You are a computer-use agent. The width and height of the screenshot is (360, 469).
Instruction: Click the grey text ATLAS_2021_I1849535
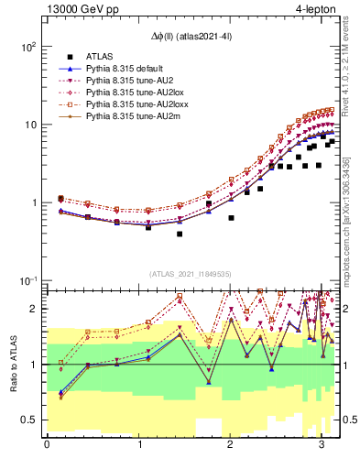point(191,273)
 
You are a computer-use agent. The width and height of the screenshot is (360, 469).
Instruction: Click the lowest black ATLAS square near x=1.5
point(180,234)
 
